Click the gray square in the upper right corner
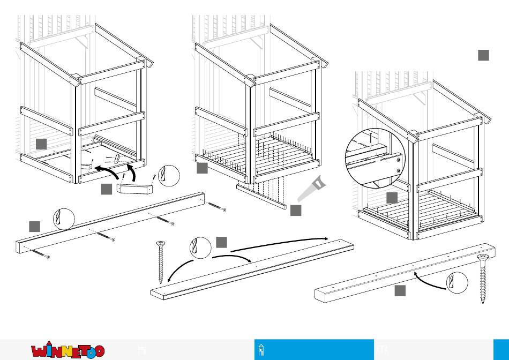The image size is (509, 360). [483, 55]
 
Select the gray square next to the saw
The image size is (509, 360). [296, 211]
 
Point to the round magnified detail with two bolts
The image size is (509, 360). [375, 157]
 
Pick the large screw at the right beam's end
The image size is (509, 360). [483, 278]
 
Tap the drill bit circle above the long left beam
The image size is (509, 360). [64, 219]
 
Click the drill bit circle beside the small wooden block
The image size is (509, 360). [169, 176]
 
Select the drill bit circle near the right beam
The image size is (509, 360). [457, 282]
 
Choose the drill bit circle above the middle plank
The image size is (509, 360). [201, 247]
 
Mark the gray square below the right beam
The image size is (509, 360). [400, 291]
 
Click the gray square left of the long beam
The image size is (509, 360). [35, 226]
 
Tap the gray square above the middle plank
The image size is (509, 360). [222, 242]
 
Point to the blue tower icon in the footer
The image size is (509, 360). [261, 350]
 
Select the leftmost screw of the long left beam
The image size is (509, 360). [41, 254]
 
